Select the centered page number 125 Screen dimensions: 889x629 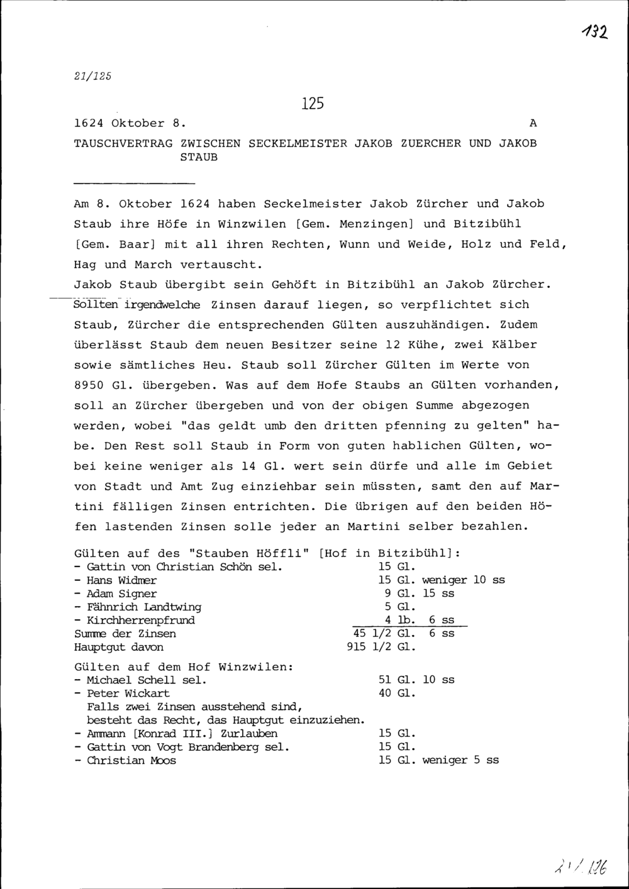312,104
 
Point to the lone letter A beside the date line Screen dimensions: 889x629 533,123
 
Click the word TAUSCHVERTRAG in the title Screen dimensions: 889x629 123,143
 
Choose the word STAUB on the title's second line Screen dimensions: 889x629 199,157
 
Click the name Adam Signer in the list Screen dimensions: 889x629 121,594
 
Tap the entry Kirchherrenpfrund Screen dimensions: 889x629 140,620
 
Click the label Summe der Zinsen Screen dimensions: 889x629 125,634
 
